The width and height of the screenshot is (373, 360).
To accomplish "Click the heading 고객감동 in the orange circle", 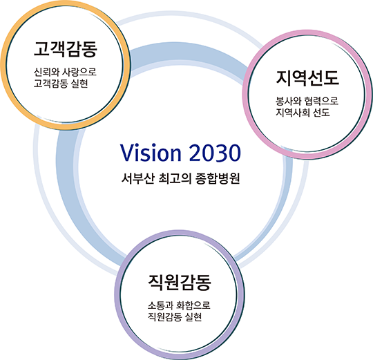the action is click(x=66, y=49).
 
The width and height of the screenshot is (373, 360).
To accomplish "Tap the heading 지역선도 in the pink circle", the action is click(x=307, y=78).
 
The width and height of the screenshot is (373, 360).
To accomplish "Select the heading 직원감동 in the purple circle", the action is click(x=180, y=283).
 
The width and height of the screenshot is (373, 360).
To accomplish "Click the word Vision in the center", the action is click(x=151, y=153).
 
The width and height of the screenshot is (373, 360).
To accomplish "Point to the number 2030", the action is click(x=216, y=153).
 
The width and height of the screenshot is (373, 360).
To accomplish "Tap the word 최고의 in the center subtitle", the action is click(x=175, y=178).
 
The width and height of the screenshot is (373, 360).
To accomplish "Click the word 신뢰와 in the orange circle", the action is click(x=46, y=72).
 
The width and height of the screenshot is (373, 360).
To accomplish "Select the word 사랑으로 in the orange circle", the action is click(x=79, y=72).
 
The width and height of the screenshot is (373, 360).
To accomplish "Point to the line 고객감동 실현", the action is click(x=61, y=84).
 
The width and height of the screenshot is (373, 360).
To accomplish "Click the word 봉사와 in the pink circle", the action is click(x=288, y=101).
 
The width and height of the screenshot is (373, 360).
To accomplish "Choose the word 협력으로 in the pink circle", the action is click(x=321, y=101).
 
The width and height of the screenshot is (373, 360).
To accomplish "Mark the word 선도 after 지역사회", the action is click(x=321, y=113).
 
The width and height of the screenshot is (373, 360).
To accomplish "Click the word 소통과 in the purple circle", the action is click(x=160, y=305).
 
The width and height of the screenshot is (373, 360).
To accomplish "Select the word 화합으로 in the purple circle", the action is click(x=193, y=305).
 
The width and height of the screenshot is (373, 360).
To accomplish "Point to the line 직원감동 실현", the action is click(x=175, y=317).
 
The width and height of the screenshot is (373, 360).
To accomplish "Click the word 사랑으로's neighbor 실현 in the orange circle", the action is click(x=80, y=84).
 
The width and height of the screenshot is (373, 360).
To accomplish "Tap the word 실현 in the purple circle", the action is click(x=194, y=317).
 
